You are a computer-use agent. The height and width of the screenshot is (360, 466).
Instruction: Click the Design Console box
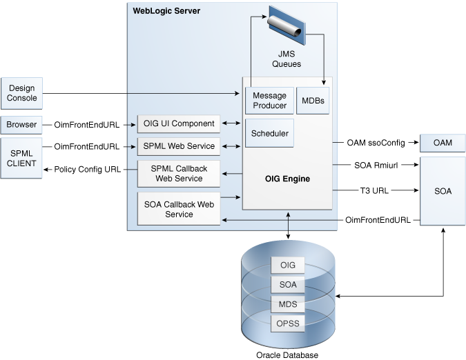tap(22, 93)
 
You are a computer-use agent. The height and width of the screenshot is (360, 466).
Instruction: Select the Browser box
tap(22, 125)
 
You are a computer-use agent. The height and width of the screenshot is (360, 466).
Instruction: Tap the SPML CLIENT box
tap(22, 158)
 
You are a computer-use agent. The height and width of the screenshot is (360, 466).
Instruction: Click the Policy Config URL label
tap(87, 169)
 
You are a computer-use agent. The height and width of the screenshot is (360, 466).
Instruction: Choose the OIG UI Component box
tap(179, 124)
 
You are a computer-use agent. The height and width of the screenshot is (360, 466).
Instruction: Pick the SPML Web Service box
tap(179, 146)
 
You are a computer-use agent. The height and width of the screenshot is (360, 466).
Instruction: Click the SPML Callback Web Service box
tap(179, 174)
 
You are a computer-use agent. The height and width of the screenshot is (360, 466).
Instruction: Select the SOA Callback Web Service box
tap(179, 209)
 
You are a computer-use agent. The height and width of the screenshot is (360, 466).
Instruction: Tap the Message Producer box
tap(270, 101)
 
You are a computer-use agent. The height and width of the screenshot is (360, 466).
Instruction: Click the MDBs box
tap(312, 101)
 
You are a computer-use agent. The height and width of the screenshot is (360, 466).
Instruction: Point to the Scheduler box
tap(270, 133)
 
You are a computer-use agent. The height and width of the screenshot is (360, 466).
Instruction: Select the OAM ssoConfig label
tap(376, 143)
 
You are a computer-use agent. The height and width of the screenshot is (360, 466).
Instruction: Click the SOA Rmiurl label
tap(376, 166)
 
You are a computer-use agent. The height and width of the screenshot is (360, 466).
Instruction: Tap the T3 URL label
tap(375, 190)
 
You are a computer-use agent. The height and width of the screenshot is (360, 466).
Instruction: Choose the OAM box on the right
tap(443, 143)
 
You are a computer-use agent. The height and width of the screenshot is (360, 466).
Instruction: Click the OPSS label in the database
tap(288, 323)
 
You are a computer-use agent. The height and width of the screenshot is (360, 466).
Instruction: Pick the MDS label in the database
tap(288, 303)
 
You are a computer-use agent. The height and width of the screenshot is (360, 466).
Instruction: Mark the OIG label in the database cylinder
tap(288, 266)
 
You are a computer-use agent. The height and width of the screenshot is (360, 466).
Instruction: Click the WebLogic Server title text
tap(166, 11)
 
